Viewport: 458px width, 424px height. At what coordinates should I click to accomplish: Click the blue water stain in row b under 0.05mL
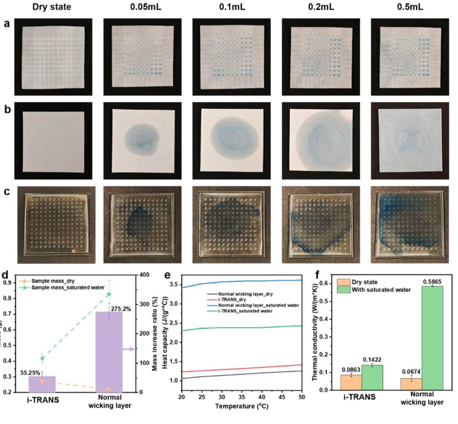(x=141, y=140)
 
